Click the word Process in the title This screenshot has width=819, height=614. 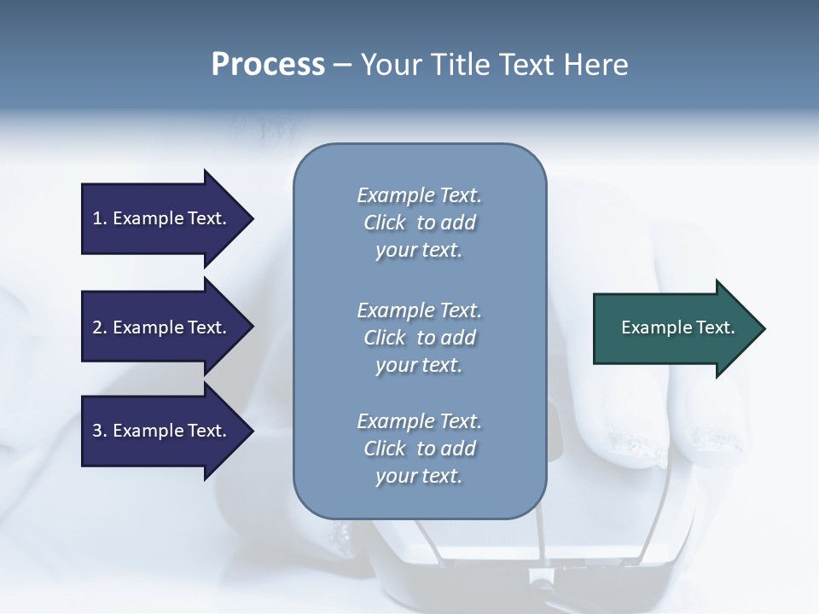[x=268, y=64]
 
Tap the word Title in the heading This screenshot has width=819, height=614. [x=459, y=64]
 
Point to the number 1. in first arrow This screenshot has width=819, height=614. [x=100, y=218]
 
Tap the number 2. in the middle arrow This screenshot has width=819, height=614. [x=100, y=327]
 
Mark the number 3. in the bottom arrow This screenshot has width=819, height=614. [x=100, y=431]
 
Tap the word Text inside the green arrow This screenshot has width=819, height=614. [x=716, y=327]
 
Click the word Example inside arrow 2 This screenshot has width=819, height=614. [x=148, y=327]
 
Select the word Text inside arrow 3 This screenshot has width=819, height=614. [x=206, y=431]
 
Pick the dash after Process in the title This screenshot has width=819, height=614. [x=343, y=65]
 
